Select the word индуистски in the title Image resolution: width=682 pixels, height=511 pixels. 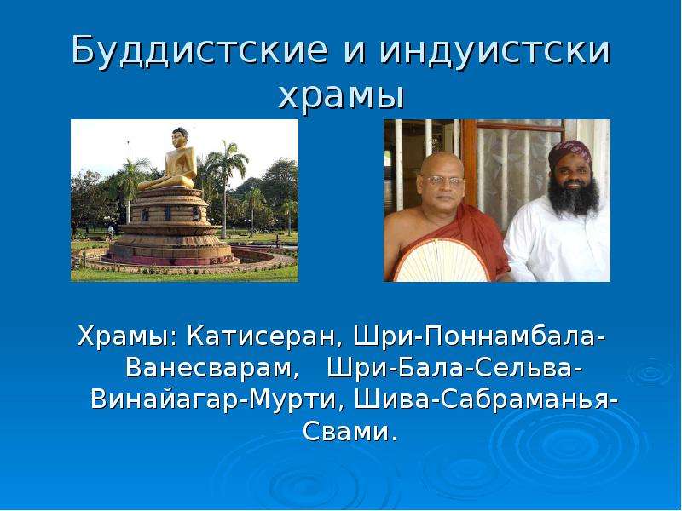495,50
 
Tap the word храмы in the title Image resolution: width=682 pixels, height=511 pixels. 342,96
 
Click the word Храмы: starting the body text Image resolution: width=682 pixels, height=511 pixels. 127,336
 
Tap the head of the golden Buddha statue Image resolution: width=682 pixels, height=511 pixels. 180,137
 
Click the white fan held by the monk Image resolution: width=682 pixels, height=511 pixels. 441,261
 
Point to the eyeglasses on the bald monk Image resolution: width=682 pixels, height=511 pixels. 442,181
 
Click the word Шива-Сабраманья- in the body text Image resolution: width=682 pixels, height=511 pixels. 486,399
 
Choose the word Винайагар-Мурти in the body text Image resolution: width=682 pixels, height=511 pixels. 214,400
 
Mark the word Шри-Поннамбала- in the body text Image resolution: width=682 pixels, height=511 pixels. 479,336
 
